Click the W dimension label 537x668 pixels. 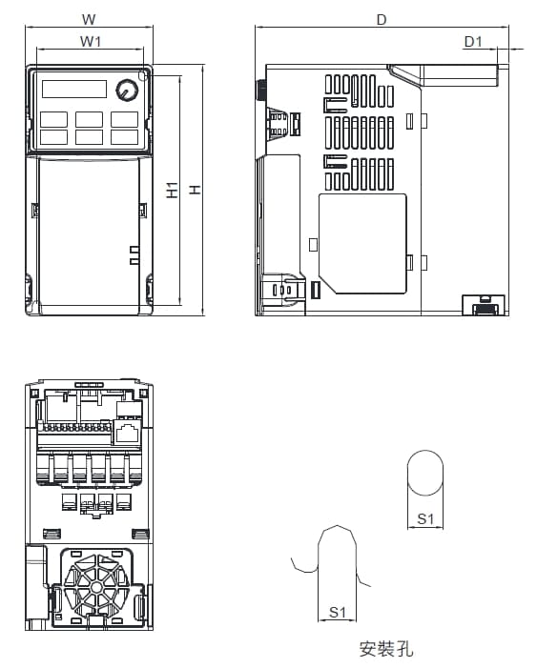pos(89,19)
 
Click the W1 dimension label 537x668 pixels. pos(91,41)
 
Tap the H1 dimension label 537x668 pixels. pos(172,190)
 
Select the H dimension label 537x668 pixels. pos(195,190)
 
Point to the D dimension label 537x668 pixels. pos(382,20)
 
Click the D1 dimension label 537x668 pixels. pos(473,41)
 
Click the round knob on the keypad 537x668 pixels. pos(127,90)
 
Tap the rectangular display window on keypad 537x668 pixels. pos(74,89)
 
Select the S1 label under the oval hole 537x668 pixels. pos(425,518)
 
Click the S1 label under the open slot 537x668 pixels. pos(337,612)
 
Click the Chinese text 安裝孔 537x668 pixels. pos(386,648)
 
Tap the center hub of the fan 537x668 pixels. pos(97,588)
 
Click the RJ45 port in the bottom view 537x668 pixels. pos(127,433)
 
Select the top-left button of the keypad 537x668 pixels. pos(53,119)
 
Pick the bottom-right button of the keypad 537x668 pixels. pos(125,137)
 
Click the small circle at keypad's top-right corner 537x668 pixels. pos(144,75)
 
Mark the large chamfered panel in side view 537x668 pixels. pos(362,244)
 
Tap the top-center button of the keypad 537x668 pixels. pos(89,119)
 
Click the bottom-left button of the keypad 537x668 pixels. pos(53,137)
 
